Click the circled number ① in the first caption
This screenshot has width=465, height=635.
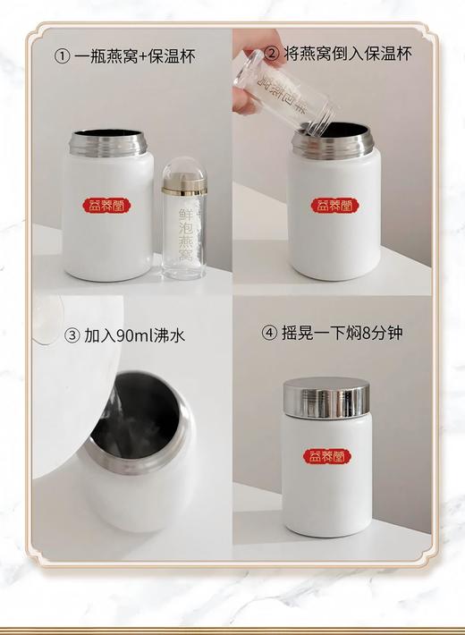point(62,56)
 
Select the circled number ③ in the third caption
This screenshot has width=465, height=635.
point(73,335)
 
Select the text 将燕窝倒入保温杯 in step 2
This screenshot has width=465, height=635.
point(353,55)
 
